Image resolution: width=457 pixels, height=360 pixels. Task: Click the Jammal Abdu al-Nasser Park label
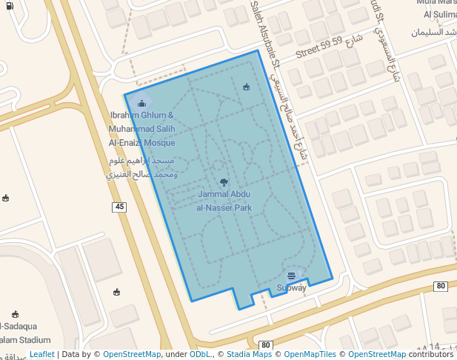click(224, 201)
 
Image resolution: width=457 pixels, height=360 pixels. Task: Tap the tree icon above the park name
click(224, 181)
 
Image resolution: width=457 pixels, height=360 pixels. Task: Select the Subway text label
click(291, 287)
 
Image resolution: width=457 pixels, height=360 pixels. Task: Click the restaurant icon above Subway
click(290, 276)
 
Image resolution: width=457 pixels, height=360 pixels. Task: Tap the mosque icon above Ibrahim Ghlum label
click(141, 104)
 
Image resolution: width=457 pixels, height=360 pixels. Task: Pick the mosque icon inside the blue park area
click(247, 87)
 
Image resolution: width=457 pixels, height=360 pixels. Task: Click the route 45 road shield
click(119, 207)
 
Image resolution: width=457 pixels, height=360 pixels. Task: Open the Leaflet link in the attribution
click(41, 355)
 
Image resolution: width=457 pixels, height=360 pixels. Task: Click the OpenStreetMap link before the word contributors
click(377, 355)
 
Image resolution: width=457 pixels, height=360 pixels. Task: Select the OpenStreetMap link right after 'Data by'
click(132, 355)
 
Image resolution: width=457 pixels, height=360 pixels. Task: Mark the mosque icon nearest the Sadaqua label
click(15, 314)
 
